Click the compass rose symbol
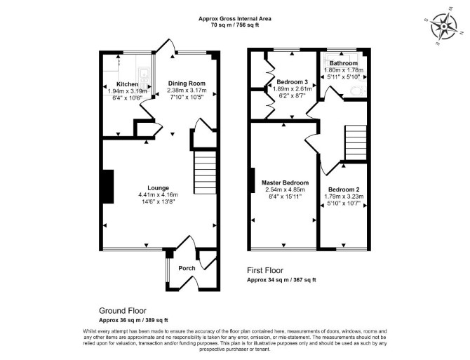click(x=443, y=27)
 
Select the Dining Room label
click(x=187, y=84)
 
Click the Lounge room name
click(x=159, y=188)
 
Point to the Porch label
click(x=187, y=268)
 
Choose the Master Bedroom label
click(x=285, y=182)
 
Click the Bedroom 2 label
click(x=344, y=189)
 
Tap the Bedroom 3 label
click(x=293, y=82)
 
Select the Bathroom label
click(x=344, y=63)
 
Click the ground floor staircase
click(x=206, y=173)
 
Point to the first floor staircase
click(x=356, y=142)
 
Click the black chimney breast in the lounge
click(x=108, y=187)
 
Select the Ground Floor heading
click(x=123, y=311)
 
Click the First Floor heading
click(x=265, y=270)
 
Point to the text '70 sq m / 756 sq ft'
click(x=235, y=25)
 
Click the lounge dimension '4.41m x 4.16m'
click(x=159, y=195)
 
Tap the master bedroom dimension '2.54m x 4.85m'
click(x=285, y=189)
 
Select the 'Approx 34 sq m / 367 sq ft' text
click(x=281, y=280)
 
